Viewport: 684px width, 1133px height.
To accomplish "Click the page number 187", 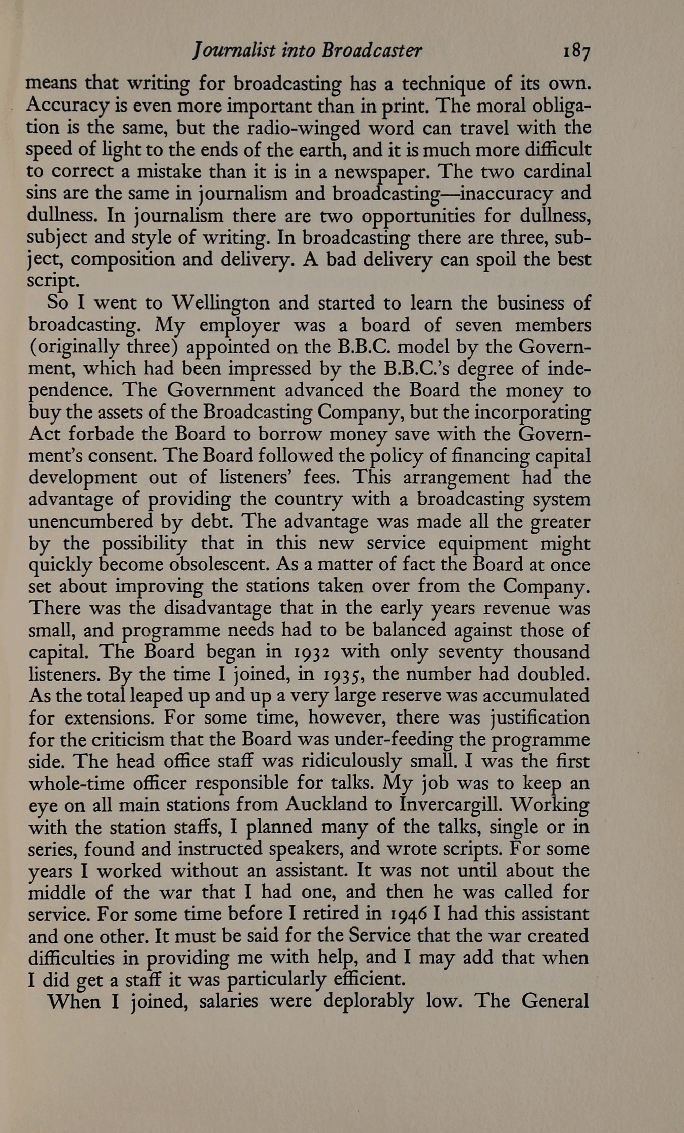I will [x=576, y=51].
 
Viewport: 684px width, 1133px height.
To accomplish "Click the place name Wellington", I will [x=221, y=303].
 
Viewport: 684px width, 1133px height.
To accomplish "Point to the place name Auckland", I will [x=326, y=805].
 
